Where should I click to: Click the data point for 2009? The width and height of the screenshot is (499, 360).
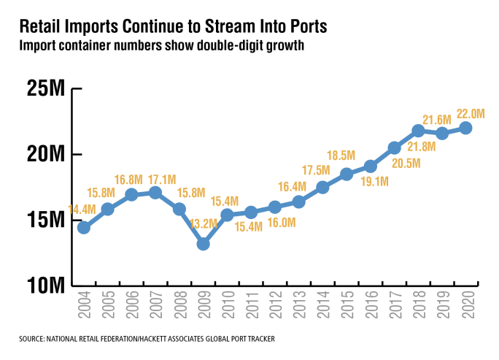pyautogui.click(x=203, y=244)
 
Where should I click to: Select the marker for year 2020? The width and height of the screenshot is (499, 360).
pyautogui.click(x=465, y=128)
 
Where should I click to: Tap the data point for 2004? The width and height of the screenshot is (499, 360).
pyautogui.click(x=84, y=227)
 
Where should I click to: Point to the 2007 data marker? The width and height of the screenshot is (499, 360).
pyautogui.click(x=155, y=193)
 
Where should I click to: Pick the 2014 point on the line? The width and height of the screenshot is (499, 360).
pyautogui.click(x=322, y=187)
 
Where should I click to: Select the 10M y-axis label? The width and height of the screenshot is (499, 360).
pyautogui.click(x=47, y=285)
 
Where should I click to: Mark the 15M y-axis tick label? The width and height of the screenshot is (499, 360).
pyautogui.click(x=47, y=220)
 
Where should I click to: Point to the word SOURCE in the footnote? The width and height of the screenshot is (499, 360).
pyautogui.click(x=34, y=340)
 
